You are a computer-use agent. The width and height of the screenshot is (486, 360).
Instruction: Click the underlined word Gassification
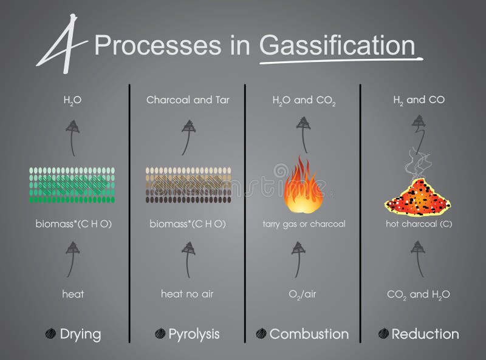click(x=337, y=46)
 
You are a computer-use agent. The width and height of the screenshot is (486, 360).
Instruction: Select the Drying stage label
click(x=80, y=334)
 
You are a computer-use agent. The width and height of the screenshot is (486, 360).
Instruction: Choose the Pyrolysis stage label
click(x=194, y=334)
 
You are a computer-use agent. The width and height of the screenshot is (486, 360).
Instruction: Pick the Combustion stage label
click(x=309, y=334)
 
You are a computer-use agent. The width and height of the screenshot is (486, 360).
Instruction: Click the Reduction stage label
click(x=425, y=334)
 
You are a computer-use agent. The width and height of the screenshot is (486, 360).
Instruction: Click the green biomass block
click(x=73, y=185)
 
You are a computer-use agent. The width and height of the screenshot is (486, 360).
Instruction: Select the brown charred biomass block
click(x=188, y=185)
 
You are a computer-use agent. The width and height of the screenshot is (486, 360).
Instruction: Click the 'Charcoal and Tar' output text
click(x=188, y=100)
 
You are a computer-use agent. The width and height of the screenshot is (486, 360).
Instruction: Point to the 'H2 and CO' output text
click(x=418, y=100)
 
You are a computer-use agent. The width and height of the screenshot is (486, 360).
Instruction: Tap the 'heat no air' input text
click(x=187, y=294)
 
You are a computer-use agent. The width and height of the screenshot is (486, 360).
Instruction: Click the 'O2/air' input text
click(x=301, y=295)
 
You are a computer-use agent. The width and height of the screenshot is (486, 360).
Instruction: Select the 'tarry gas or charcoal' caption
click(x=304, y=224)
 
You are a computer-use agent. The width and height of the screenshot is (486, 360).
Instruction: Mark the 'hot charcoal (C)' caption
click(x=418, y=224)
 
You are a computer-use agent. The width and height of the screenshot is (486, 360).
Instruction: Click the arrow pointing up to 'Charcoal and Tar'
click(x=188, y=137)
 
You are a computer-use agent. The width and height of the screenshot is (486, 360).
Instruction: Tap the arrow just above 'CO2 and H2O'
click(x=417, y=258)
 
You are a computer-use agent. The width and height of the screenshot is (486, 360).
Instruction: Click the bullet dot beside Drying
click(x=51, y=333)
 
